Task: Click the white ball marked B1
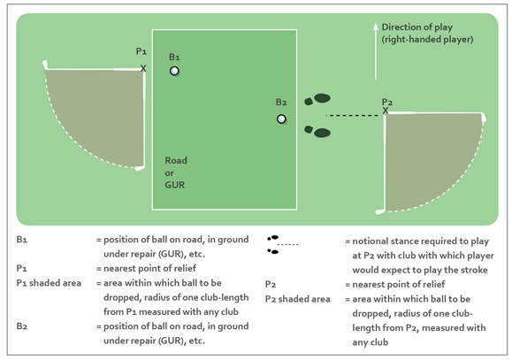pos(175,71)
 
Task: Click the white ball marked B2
pos(281,119)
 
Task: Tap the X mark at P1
pos(143,67)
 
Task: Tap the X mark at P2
pos(386,111)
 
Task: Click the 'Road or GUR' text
pos(176,172)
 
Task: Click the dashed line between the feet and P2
pos(354,115)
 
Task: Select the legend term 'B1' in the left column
pos(22,241)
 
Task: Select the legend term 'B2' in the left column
pos(22,326)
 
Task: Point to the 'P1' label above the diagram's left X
pos(142,51)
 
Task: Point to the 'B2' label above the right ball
pos(281,102)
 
